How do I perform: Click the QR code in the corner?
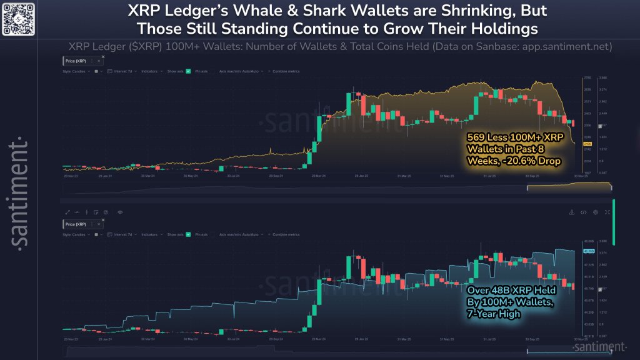17,17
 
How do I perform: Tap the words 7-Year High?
494,314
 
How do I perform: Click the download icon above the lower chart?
572,212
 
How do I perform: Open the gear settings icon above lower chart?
595,212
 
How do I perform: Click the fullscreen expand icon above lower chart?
607,212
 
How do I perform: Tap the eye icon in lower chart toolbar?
119,212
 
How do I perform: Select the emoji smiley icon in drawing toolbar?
105,212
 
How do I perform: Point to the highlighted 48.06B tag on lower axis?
588,251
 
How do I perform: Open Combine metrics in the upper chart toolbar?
286,71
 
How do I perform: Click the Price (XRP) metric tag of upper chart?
76,61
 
